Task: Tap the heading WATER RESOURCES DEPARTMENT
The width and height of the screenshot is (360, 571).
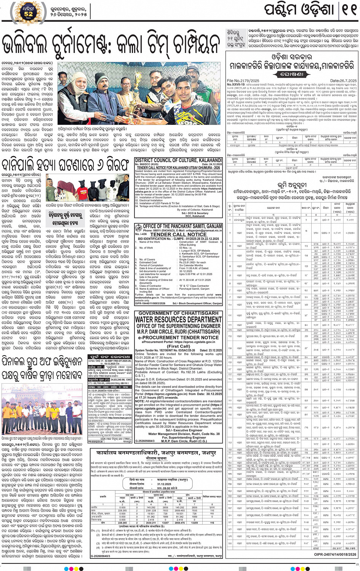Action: (178, 319)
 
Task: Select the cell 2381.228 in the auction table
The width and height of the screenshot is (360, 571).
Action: (151, 510)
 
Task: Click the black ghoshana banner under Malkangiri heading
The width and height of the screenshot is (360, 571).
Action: (292, 74)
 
